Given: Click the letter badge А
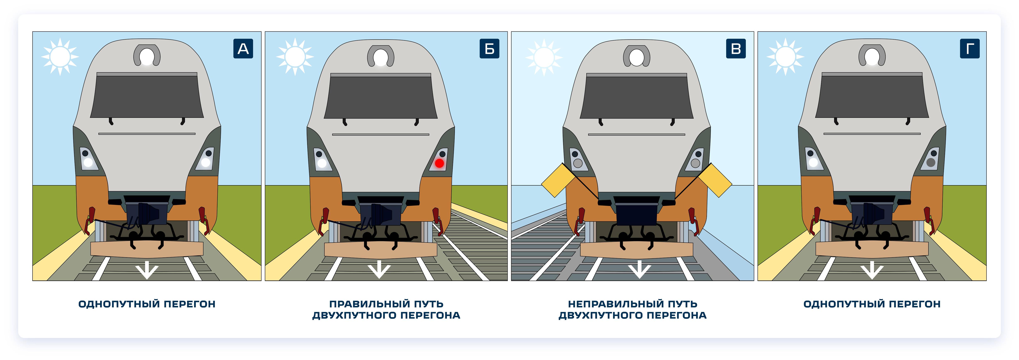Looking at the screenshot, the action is tap(243, 49).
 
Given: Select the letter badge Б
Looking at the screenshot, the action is tap(489, 49).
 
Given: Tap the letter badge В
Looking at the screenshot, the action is tap(736, 49).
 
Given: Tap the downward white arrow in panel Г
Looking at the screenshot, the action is tap(872, 270).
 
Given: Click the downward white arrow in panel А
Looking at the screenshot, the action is tap(147, 270).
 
